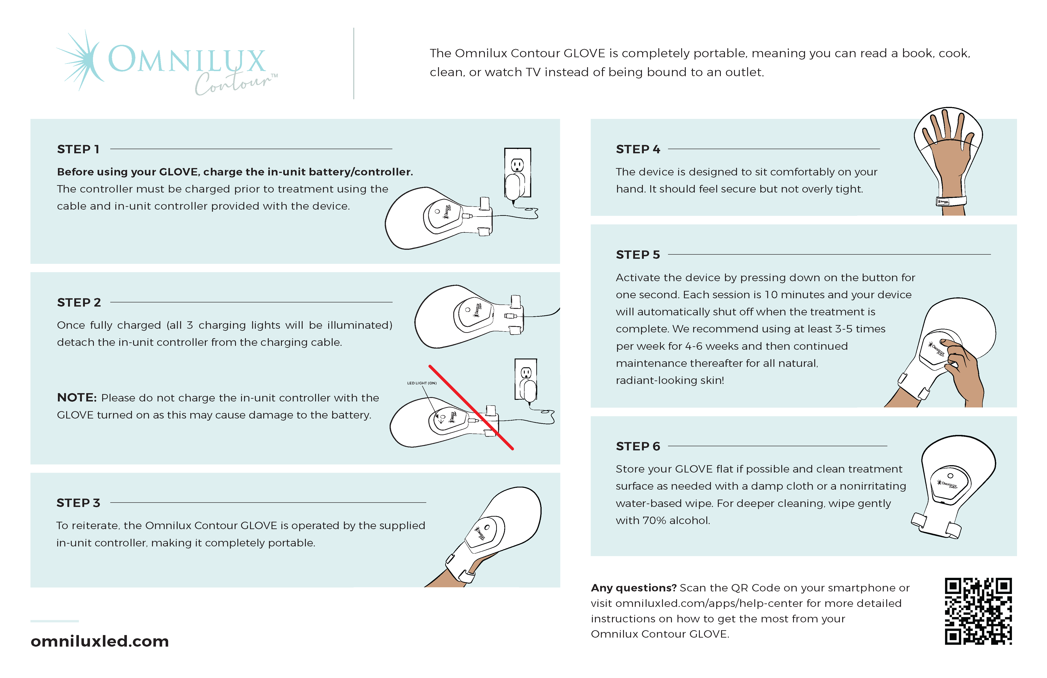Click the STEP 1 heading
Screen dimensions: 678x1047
[x=78, y=149]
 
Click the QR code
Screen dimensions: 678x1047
[x=978, y=611]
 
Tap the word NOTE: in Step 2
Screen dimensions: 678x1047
[x=77, y=398]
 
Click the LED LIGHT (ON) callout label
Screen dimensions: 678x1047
[x=421, y=383]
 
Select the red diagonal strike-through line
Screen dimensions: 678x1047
[x=471, y=407]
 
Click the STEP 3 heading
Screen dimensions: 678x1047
[x=78, y=503]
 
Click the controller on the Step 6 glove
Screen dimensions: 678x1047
[x=950, y=484]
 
